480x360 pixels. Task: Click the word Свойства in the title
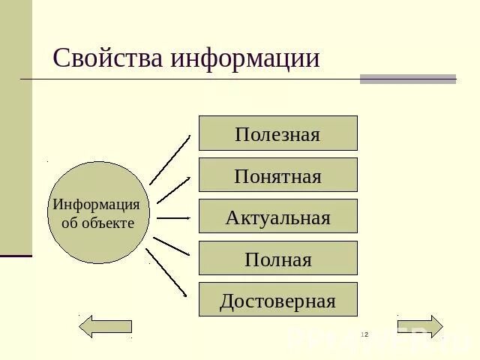click(x=108, y=58)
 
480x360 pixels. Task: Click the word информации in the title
click(x=245, y=58)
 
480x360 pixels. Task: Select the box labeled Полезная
click(x=277, y=133)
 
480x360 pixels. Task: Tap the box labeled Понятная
click(x=277, y=175)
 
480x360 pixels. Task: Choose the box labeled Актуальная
click(x=277, y=217)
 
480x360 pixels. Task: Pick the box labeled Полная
click(x=277, y=259)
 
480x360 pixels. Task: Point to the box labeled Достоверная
click(x=277, y=300)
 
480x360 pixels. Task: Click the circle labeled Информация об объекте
click(x=98, y=212)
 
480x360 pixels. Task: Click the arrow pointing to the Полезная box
click(x=170, y=160)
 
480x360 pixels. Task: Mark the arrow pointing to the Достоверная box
click(x=166, y=272)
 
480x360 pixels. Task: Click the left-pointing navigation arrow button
click(x=106, y=326)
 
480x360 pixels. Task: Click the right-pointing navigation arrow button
click(x=420, y=327)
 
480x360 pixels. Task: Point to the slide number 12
click(x=364, y=334)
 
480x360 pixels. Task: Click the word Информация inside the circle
click(x=96, y=204)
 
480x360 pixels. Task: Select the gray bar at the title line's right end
click(x=407, y=79)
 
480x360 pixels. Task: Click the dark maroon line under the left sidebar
click(x=16, y=256)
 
